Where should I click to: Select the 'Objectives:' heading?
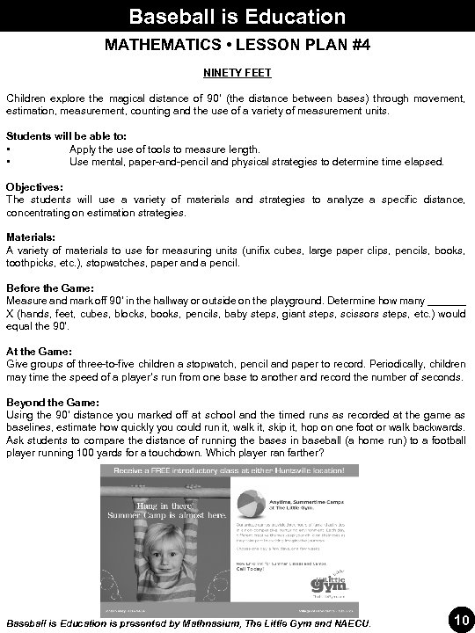pos(34,187)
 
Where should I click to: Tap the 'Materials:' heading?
pos(31,237)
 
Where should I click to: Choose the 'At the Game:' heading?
pos(40,350)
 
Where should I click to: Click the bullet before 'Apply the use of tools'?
pos(8,150)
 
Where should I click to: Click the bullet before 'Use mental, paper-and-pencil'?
pos(8,163)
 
